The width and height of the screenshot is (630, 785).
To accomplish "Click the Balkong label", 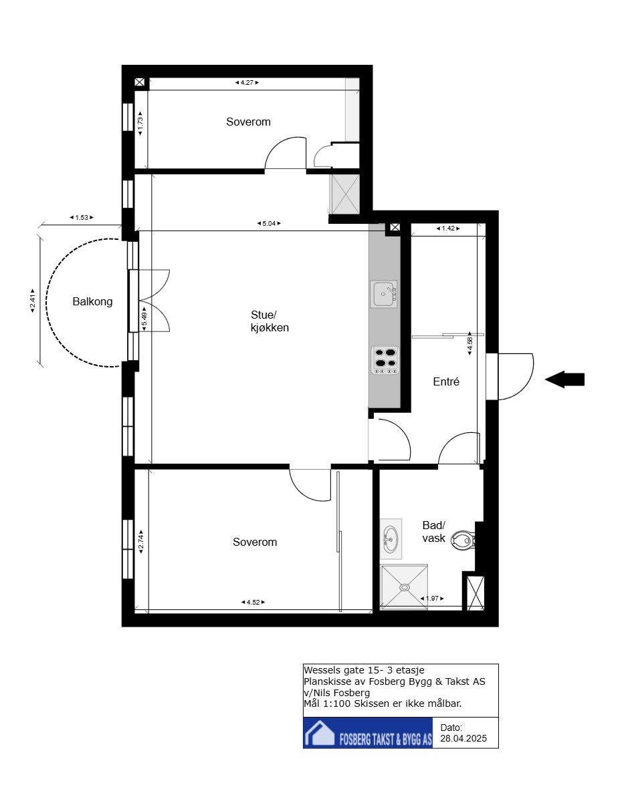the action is (92, 301).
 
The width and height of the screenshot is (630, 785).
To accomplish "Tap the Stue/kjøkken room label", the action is (270, 321).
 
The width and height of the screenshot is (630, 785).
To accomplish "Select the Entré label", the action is (446, 381).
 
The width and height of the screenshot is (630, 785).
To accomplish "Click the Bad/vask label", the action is (433, 532).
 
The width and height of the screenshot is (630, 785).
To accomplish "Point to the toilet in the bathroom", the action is (463, 540).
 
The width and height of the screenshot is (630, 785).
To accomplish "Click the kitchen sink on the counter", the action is (384, 294).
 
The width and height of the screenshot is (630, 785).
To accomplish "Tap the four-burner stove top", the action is (385, 359).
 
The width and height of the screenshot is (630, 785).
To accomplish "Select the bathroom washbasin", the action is (391, 538).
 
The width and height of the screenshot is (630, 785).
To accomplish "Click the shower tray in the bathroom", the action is (404, 587).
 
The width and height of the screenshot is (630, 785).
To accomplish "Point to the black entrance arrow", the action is (564, 379).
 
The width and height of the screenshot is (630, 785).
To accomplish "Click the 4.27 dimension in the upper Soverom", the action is (247, 83).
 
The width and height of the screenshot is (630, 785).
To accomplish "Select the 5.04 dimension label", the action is (269, 223).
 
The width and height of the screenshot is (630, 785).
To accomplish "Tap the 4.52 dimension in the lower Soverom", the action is (253, 602).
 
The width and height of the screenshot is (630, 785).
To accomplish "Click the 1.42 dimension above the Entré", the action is (448, 228).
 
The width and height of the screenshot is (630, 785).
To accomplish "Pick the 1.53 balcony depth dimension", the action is (82, 217).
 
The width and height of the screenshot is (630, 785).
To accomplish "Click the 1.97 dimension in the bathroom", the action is (432, 598).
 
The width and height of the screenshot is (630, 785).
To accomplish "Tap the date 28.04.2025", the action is (463, 738).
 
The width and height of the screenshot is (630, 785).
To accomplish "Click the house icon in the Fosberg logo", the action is (320, 733).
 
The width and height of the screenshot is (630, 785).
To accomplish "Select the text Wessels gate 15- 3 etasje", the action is (364, 670).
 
